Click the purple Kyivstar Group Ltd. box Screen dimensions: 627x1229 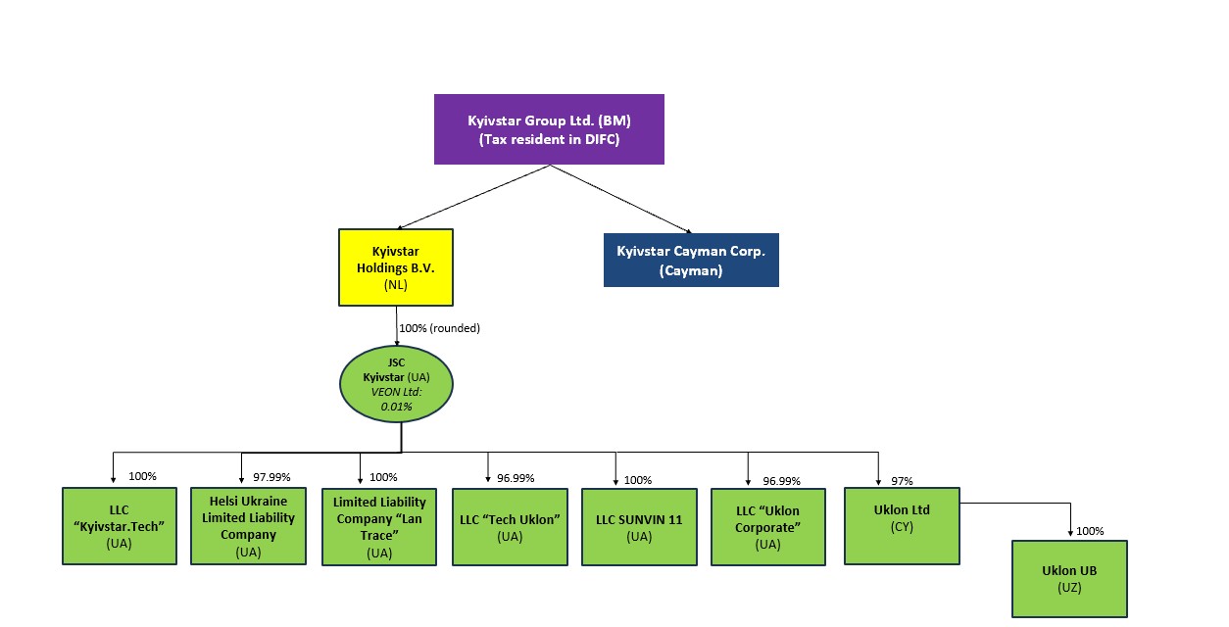[549, 128]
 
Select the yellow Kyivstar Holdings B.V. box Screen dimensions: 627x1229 [395, 267]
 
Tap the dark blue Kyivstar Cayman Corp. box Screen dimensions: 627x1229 [690, 260]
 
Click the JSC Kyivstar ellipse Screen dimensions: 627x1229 [395, 383]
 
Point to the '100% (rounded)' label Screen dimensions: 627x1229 [438, 328]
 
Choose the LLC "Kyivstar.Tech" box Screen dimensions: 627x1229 [120, 526]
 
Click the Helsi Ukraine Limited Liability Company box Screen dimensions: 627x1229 [248, 526]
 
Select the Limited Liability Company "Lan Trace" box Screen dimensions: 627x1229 [378, 527]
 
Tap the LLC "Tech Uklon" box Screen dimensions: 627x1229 [510, 527]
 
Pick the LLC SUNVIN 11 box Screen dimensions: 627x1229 [639, 527]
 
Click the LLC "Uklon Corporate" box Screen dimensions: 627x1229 [768, 527]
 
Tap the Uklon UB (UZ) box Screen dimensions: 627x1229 [1068, 578]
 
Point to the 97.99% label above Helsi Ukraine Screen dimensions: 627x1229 [273, 477]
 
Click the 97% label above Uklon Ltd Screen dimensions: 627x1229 [902, 481]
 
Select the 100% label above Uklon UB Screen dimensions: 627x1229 [1090, 532]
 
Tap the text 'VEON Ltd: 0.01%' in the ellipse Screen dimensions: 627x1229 [395, 399]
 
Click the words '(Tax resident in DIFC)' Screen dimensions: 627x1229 [549, 140]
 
